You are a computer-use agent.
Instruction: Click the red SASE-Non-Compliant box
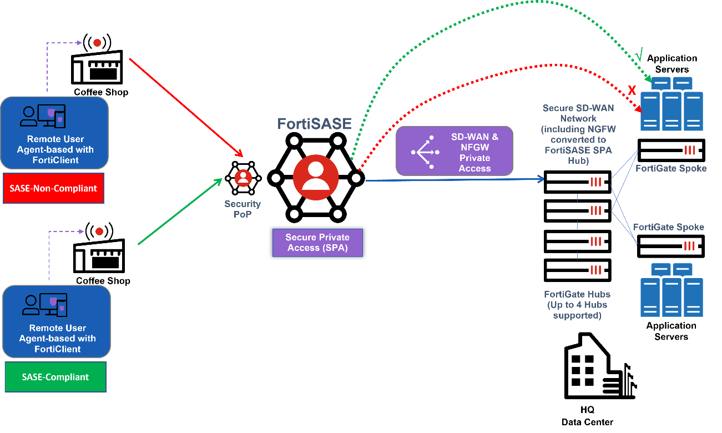pos(53,188)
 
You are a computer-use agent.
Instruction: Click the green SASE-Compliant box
pos(55,377)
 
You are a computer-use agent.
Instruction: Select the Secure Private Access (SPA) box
pos(317,243)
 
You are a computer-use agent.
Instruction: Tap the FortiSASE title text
pos(314,123)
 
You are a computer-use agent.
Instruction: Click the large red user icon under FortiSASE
pos(316,177)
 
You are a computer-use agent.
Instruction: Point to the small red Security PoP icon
pos(243,178)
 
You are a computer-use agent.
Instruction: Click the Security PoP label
pos(243,209)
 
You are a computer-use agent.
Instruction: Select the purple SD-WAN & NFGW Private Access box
pos(454,152)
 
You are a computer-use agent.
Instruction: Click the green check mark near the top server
pos(639,56)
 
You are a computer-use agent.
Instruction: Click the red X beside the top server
pos(631,90)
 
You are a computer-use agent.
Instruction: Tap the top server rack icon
pos(672,104)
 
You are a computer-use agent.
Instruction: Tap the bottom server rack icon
pos(672,289)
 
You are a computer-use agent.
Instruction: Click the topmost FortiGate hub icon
pos(596,182)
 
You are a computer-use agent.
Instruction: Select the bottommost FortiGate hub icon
pos(596,270)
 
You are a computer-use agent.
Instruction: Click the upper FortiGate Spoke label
pos(671,168)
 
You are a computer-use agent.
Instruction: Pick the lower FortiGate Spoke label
pos(668,227)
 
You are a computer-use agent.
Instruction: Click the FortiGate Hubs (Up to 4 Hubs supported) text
pos(577,305)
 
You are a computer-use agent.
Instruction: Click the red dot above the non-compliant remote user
pos(97,43)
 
